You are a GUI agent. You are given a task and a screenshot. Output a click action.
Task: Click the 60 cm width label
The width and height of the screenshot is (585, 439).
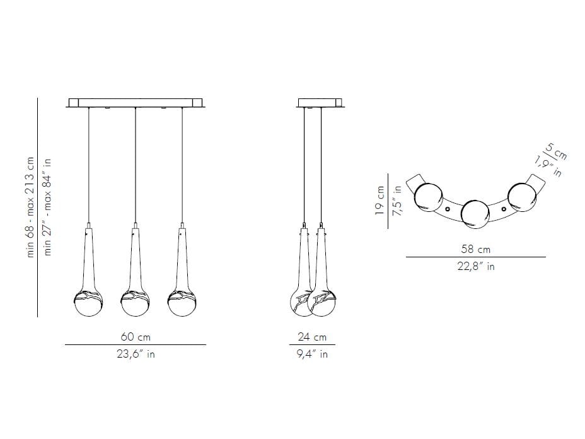[136, 337]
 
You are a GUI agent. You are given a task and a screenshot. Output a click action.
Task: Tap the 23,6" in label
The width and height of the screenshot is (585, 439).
[136, 354]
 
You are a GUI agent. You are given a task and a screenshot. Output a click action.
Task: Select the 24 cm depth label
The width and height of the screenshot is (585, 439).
[312, 337]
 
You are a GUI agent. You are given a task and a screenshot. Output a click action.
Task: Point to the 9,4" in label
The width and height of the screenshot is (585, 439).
[312, 354]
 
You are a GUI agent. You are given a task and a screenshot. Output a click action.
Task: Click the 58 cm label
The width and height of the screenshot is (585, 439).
[476, 249]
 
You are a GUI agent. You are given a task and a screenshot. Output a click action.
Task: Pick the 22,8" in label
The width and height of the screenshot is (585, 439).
[476, 267]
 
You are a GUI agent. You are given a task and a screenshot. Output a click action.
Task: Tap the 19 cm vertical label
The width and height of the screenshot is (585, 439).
[379, 201]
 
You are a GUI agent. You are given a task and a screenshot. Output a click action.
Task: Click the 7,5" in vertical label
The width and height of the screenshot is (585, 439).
[397, 201]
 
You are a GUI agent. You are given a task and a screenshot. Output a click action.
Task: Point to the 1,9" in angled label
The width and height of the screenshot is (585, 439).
[548, 165]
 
